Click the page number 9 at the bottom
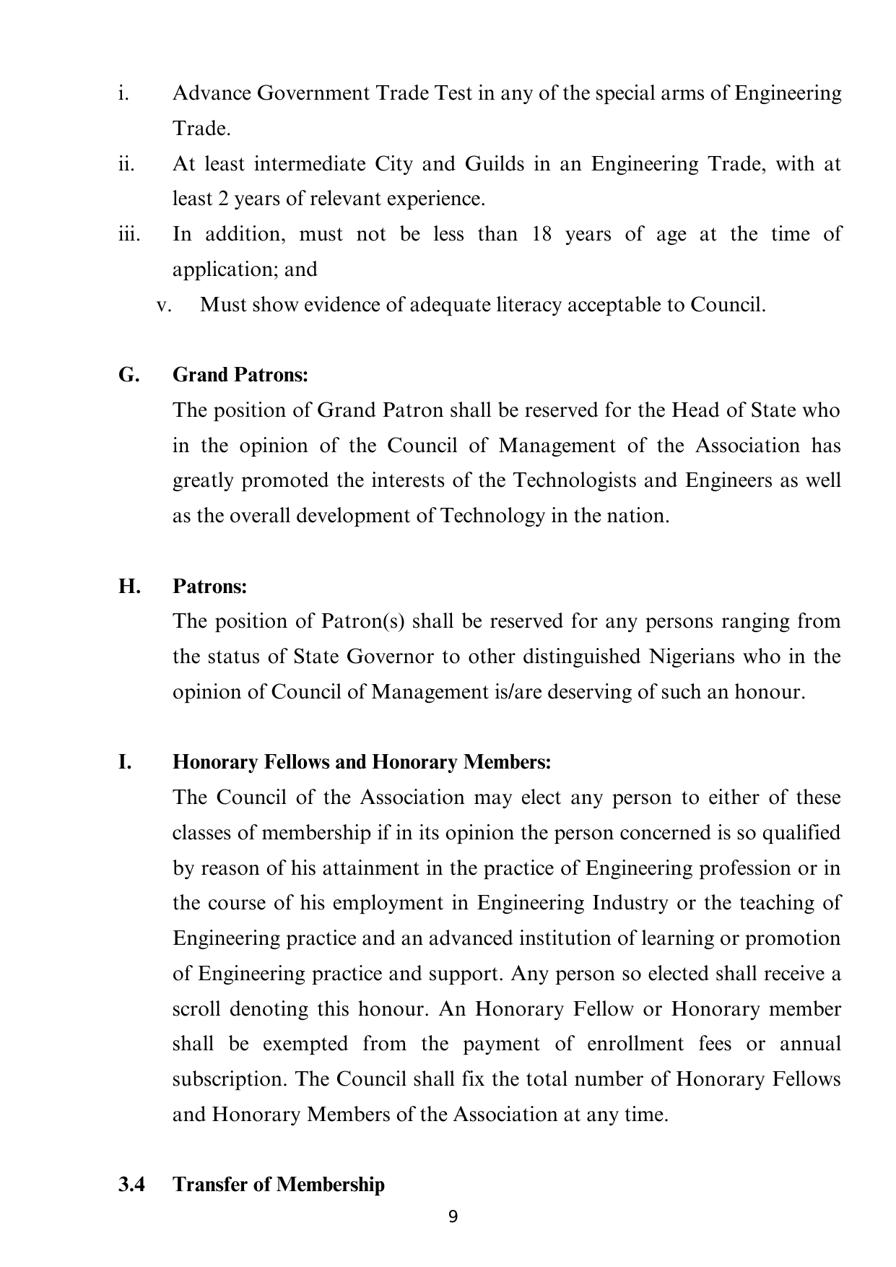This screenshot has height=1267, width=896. [x=453, y=1217]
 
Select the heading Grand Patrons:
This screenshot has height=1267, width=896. [x=240, y=375]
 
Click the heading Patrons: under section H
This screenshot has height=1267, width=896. [x=210, y=586]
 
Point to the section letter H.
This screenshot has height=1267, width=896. [x=130, y=586]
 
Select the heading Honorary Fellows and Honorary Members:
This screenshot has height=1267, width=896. [x=362, y=762]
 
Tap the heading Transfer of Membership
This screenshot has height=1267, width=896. [x=279, y=1185]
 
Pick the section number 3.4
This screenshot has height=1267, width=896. [x=132, y=1185]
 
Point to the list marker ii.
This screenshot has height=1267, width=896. [x=127, y=164]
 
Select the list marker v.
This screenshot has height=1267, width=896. [x=164, y=305]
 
